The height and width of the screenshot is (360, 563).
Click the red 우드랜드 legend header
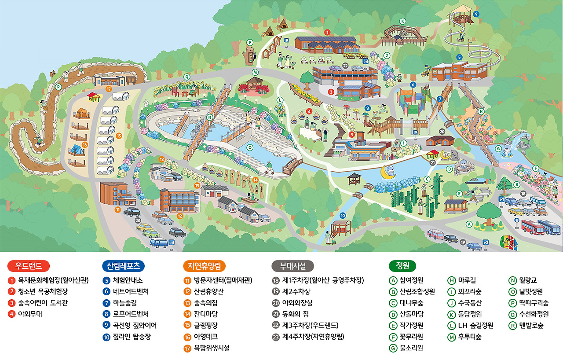coord(29,266)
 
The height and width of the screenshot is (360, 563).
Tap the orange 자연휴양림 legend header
coord(204,266)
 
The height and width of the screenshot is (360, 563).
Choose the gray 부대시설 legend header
coord(293,266)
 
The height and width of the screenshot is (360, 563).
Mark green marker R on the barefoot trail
coord(58,87)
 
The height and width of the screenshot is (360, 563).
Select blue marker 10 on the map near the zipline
coord(343,216)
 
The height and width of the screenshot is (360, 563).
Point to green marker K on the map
coord(402,21)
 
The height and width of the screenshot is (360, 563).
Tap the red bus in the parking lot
coord(533,226)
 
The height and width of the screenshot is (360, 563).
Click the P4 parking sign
coord(172,242)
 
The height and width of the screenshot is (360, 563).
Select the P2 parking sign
coord(486,242)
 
